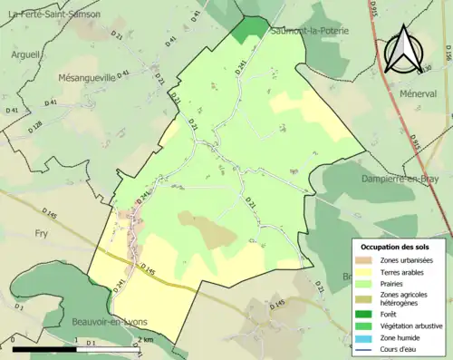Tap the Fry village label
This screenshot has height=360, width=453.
41,233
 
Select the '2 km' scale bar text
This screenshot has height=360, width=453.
146,340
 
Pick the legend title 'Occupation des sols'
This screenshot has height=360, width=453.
397,246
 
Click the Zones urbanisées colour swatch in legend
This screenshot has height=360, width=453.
366,260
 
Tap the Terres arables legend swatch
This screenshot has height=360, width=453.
366,272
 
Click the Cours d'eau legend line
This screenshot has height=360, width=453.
366,348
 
